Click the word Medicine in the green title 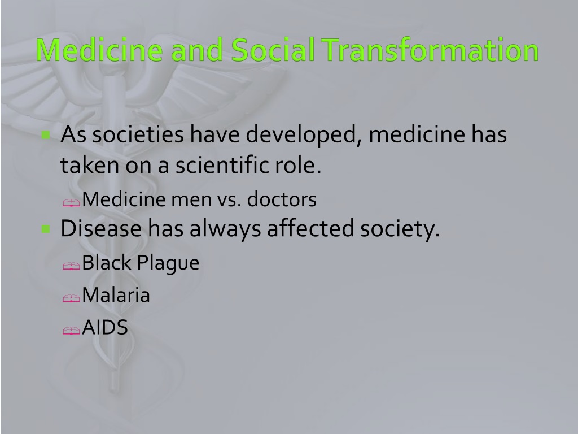tap(99, 50)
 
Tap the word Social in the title tap(273, 50)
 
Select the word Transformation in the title tap(430, 50)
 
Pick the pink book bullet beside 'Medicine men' tap(71, 203)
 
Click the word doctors tap(282, 199)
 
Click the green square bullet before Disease tap(46, 229)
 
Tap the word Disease tap(101, 228)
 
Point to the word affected tap(310, 228)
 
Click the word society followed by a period tap(400, 229)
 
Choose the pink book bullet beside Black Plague tap(71, 266)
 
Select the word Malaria tap(116, 295)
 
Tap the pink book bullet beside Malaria tap(71, 298)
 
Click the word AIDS tap(105, 327)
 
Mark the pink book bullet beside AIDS tap(71, 331)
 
